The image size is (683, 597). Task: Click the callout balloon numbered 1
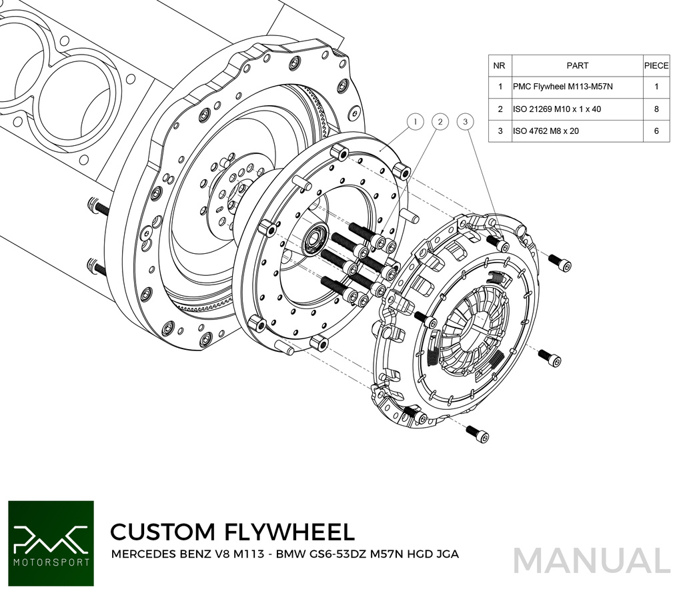(x=415, y=122)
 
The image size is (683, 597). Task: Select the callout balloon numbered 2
(x=440, y=122)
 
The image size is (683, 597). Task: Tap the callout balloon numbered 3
(x=465, y=122)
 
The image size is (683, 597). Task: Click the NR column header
(x=499, y=66)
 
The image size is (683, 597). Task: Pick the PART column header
(x=577, y=66)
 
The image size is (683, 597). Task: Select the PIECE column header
(x=656, y=66)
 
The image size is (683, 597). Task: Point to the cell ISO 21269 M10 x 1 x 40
(x=557, y=109)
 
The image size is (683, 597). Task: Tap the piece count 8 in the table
(x=656, y=109)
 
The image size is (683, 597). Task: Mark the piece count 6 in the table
(x=656, y=131)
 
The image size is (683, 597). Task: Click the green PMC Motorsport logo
(x=51, y=543)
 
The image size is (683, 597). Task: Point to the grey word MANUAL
(x=591, y=560)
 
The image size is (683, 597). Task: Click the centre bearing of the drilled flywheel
(x=315, y=240)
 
